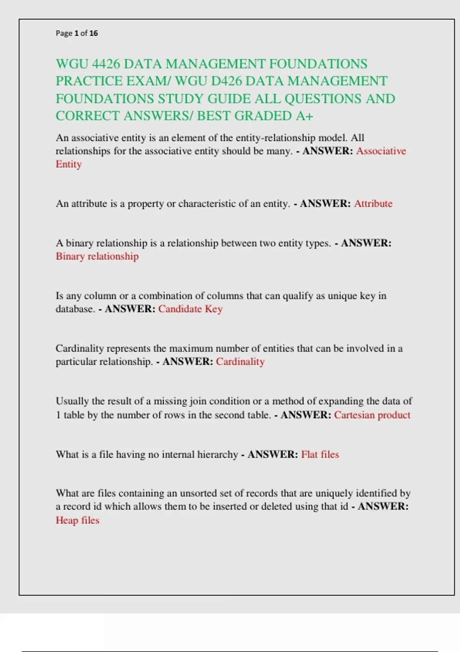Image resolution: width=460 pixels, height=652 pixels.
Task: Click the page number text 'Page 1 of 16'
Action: [x=77, y=33]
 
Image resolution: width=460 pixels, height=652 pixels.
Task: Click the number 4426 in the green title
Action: [x=106, y=64]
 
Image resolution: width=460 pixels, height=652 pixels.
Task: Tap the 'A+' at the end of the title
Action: [x=304, y=116]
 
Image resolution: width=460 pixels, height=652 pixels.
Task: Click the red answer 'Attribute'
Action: [x=373, y=204]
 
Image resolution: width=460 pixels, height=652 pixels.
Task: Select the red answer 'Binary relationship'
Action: [x=97, y=256]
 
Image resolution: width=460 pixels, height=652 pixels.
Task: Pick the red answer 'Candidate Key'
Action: [x=190, y=309]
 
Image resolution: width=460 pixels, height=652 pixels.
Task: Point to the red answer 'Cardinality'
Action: [x=240, y=362]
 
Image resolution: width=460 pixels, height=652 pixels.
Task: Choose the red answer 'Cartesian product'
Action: [x=372, y=415]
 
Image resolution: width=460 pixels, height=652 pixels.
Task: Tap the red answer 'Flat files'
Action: [x=320, y=454]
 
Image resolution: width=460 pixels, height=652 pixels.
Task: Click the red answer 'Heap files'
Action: [x=77, y=520]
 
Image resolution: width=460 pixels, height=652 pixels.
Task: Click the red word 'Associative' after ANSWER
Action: [x=381, y=151]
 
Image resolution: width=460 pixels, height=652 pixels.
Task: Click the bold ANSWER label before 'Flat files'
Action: [x=273, y=454]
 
